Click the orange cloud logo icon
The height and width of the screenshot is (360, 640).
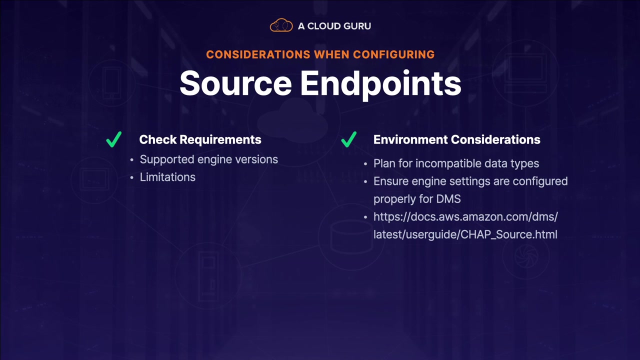pyautogui.click(x=281, y=25)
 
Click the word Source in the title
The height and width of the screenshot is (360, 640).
pyautogui.click(x=235, y=84)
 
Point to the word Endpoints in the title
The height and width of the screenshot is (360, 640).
pyautogui.click(x=380, y=84)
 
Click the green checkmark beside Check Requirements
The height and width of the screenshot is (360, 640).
pyautogui.click(x=114, y=139)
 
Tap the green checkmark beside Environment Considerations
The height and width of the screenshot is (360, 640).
pyautogui.click(x=348, y=139)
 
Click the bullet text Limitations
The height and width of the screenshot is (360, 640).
pyautogui.click(x=167, y=177)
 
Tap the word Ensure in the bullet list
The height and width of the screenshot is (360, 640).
pyautogui.click(x=389, y=181)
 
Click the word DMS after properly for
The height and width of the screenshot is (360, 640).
pyautogui.click(x=448, y=199)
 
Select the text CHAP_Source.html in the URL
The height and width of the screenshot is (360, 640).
pyautogui.click(x=508, y=234)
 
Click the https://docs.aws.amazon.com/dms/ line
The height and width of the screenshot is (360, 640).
pyautogui.click(x=465, y=217)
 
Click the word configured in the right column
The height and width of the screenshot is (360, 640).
pyautogui.click(x=542, y=181)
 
